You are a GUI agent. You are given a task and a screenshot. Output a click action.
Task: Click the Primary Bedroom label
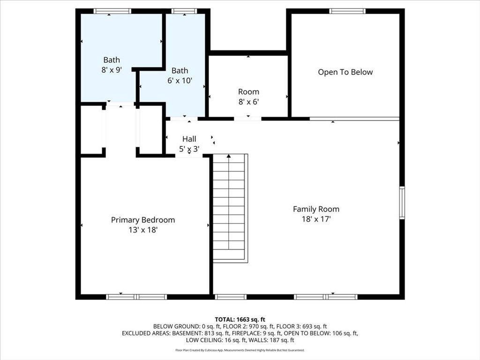click(x=143, y=220)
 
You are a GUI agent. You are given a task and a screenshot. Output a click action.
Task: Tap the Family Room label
click(x=316, y=209)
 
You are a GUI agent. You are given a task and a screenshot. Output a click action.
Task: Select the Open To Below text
click(x=345, y=72)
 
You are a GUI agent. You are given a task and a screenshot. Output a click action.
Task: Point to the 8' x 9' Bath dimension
click(x=112, y=70)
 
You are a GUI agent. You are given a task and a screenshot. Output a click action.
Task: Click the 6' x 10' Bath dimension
click(x=180, y=81)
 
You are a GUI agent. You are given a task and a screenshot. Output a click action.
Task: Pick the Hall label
click(x=189, y=139)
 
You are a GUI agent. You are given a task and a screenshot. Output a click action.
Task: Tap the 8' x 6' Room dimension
click(x=249, y=102)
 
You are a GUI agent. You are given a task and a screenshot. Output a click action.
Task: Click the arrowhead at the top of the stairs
click(x=229, y=156)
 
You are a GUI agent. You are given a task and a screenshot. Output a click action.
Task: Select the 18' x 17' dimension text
click(x=316, y=219)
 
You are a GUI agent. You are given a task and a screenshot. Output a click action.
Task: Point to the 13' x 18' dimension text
click(x=143, y=230)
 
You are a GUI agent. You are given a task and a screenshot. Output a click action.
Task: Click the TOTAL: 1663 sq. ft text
click(x=240, y=320)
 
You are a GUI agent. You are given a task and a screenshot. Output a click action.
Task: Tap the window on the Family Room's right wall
click(x=402, y=202)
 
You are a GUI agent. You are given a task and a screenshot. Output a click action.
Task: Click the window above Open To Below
click(x=347, y=11)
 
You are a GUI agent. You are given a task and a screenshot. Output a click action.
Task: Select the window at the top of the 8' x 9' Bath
click(x=112, y=11)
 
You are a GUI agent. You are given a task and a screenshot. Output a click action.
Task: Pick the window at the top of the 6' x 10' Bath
click(x=184, y=11)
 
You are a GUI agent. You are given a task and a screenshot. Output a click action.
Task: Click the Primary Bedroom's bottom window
click(x=136, y=297)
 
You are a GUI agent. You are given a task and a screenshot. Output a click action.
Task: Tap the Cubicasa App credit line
click(x=240, y=350)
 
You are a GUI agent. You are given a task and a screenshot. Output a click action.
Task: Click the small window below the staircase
click(x=231, y=297)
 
